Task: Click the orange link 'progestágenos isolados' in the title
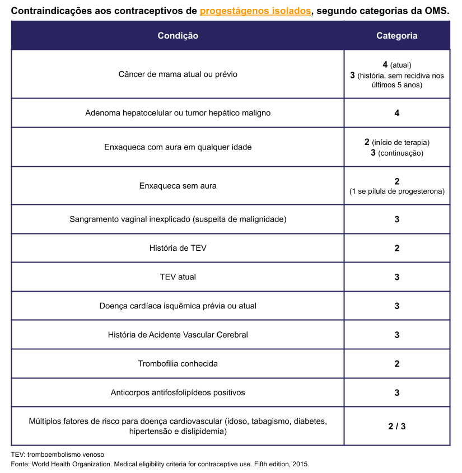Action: coord(255,11)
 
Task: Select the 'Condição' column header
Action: coord(178,35)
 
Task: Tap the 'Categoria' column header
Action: coord(396,35)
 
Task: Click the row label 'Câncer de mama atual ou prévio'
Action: coord(178,74)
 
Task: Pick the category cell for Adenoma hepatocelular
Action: coord(396,113)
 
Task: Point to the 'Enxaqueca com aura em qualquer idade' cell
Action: coord(178,147)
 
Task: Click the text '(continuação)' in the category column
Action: coord(400,153)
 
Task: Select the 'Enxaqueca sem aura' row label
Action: coord(178,186)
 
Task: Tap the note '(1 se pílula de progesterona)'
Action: coord(396,191)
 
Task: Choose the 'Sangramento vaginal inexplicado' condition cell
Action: coord(178,219)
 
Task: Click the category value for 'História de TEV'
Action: coord(396,248)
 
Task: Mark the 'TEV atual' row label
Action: coord(178,277)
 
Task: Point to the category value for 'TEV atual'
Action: coord(396,277)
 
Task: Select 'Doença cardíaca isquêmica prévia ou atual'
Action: coord(178,306)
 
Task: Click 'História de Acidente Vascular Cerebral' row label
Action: coord(178,335)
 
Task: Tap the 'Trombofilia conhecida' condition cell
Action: coord(178,364)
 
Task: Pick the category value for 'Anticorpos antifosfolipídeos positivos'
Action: coord(396,393)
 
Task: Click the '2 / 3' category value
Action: coord(396,427)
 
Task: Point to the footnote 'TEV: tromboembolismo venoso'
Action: coord(57,455)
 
